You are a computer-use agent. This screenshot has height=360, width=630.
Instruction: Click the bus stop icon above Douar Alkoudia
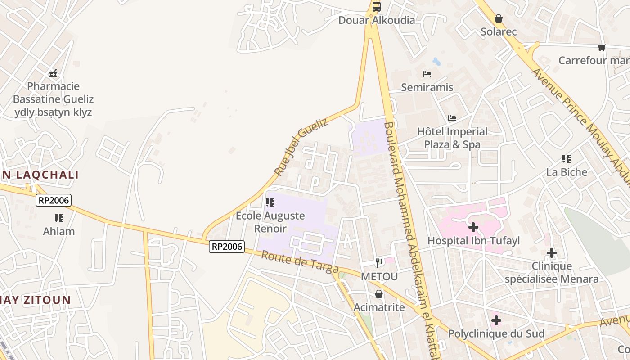377,7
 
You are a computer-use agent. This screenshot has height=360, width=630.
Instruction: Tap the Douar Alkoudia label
377,20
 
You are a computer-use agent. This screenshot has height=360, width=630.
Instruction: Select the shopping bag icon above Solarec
499,18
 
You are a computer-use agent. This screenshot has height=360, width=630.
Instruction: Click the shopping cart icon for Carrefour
602,47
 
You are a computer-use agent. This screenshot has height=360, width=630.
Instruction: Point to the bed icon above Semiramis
427,74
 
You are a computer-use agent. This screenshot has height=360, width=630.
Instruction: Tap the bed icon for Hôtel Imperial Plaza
452,118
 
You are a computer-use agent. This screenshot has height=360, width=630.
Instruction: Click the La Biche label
567,172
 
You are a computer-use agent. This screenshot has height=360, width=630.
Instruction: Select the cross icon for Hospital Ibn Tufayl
473,228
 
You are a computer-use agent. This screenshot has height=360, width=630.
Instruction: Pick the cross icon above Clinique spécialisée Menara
552,253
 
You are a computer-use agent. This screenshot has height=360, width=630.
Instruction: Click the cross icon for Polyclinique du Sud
496,320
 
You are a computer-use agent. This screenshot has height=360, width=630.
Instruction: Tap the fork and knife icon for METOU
379,263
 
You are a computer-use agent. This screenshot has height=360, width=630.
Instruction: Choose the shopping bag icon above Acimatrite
379,294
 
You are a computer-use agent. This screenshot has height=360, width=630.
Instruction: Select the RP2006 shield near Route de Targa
227,247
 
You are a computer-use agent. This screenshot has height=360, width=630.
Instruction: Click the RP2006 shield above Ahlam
54,200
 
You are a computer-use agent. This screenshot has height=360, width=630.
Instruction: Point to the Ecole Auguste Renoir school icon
270,202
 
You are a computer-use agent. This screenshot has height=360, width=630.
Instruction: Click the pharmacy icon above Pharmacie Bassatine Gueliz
53,73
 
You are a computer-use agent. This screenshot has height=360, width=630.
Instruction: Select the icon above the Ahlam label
58,218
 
